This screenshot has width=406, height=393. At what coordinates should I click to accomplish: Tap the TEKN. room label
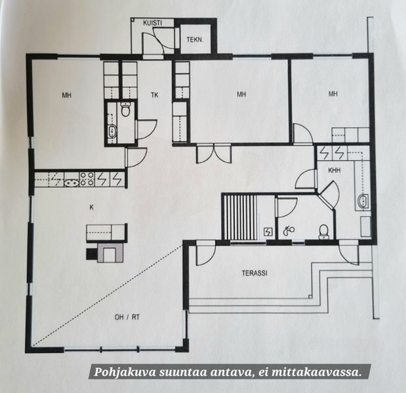coord(194,39)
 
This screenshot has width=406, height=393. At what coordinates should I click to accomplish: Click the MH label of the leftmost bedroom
coord(66,96)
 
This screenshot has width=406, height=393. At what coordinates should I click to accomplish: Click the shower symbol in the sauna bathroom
coord(289,230)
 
